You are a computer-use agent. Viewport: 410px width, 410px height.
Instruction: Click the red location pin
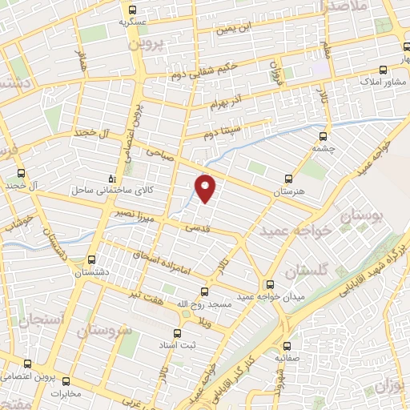pos(206,187)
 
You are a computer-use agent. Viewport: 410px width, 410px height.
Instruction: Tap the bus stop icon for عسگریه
pos(132,10)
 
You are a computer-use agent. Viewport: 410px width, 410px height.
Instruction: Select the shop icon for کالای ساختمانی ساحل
pos(112,179)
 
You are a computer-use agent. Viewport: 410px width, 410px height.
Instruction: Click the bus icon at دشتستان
pos(91,261)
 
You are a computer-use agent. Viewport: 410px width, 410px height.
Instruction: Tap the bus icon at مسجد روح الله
pos(205,292)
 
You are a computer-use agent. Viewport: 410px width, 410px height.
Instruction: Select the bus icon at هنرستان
pos(289,179)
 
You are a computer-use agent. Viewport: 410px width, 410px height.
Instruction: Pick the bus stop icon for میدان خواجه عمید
pos(270,284)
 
